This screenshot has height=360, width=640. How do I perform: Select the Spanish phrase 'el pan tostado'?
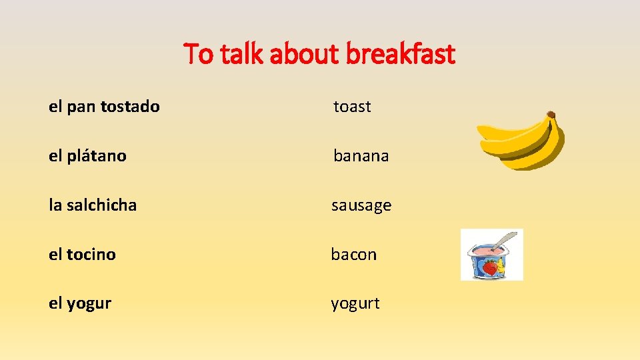[x=104, y=107]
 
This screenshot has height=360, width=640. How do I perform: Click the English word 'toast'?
[x=352, y=107]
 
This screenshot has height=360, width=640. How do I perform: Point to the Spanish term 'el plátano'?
[x=87, y=156]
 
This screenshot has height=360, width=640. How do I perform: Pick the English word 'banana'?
[x=361, y=156]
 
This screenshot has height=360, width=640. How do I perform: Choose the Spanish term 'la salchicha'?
[x=93, y=205]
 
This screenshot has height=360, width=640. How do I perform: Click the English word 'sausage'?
[x=361, y=205]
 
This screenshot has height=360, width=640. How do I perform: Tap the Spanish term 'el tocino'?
[x=82, y=255]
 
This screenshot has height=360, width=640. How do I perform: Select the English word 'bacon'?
[x=354, y=255]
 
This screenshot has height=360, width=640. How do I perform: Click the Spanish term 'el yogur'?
[x=80, y=304]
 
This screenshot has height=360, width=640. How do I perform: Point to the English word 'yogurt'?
[x=355, y=304]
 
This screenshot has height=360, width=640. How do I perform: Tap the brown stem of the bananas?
[x=551, y=115]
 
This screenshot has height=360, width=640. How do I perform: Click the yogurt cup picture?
[x=492, y=255]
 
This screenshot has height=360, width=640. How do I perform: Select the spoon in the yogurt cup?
[x=506, y=239]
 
